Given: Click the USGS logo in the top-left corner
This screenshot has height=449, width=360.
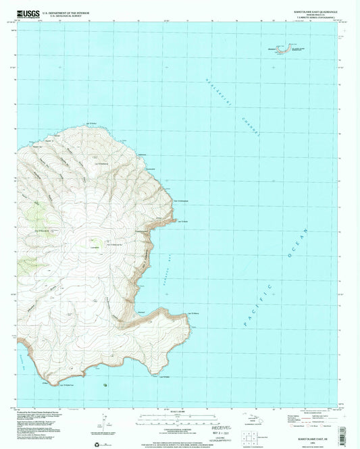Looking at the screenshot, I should [x=30, y=13].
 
